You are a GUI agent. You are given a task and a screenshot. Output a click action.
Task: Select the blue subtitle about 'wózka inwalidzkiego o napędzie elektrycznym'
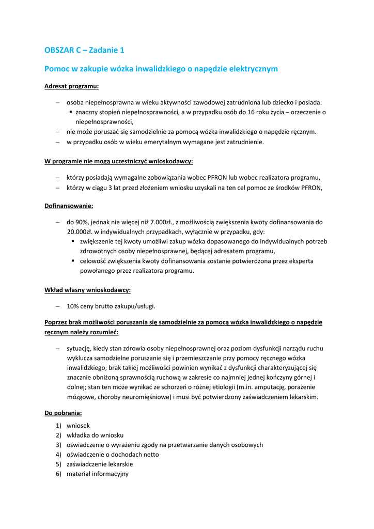tap(161, 68)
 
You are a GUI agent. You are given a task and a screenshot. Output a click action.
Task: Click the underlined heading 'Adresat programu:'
tap(71, 86)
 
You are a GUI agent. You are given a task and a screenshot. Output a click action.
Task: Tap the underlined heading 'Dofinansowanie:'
tap(69, 206)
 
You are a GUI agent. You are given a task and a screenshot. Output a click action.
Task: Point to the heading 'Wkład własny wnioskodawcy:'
tap(87, 290)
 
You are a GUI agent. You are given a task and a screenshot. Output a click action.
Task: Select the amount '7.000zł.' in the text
tap(164, 222)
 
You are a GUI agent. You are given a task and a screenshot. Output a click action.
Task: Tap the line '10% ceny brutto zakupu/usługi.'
tap(111, 306)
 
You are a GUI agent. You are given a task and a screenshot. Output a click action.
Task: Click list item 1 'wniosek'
tap(78, 425)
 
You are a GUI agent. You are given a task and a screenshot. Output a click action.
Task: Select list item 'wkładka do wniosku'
tap(95, 435)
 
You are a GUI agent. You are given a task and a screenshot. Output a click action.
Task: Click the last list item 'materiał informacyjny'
tap(97, 474)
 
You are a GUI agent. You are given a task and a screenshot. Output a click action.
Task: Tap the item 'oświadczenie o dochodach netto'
tap(113, 455)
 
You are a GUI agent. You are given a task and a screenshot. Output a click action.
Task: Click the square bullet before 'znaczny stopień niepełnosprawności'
tap(71, 112)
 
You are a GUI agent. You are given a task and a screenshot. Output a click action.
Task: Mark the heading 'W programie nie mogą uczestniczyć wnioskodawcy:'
tap(118, 161)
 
